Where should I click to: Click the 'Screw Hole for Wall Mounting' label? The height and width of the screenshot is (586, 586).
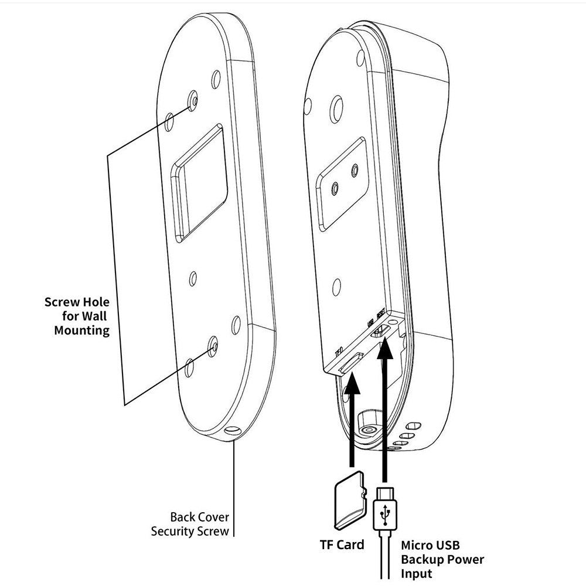click(77, 316)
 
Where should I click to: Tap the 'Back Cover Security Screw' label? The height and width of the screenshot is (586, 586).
click(190, 524)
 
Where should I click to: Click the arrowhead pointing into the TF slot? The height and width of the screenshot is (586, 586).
click(353, 385)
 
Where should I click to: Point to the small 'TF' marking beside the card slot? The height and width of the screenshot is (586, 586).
click(338, 353)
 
